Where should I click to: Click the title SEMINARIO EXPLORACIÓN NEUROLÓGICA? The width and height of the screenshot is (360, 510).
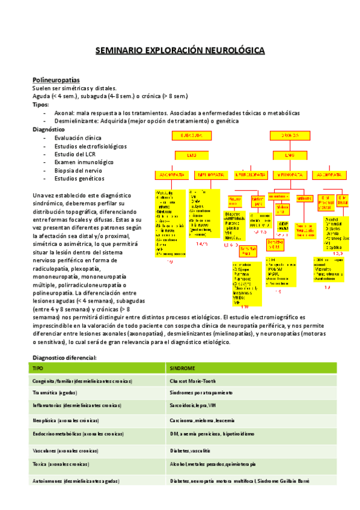tap(180, 51)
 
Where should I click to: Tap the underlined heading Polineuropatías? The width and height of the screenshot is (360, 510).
tap(56, 80)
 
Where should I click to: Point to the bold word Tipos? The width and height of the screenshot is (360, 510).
tap(40, 105)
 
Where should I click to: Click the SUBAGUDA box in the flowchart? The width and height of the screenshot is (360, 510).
tap(191, 136)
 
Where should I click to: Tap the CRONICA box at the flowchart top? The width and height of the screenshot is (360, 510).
tap(291, 136)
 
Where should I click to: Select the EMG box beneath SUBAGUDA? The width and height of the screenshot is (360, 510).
tap(191, 155)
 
